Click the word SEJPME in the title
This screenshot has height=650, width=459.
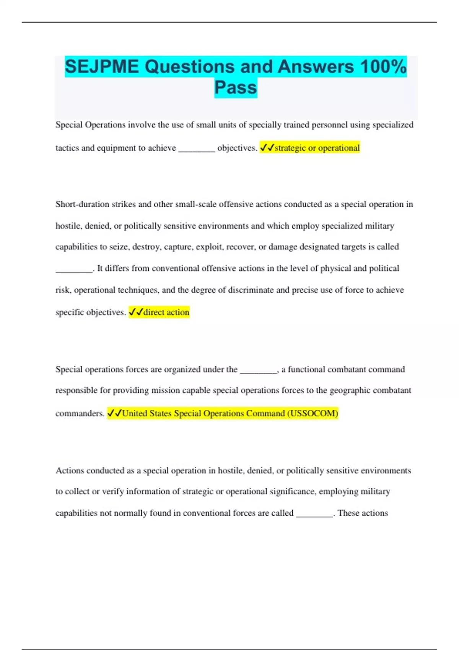(102, 67)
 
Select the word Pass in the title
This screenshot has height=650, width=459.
(236, 88)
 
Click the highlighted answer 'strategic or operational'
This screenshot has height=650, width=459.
(317, 148)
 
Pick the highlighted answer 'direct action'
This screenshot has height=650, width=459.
(166, 312)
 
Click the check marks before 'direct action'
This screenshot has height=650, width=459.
(136, 312)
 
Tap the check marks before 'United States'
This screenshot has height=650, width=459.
(114, 413)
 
